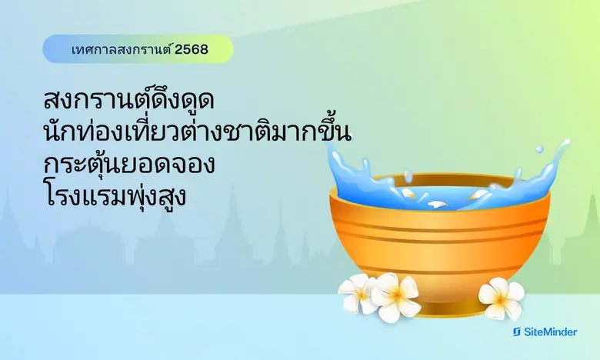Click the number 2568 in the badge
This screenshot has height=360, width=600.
192,50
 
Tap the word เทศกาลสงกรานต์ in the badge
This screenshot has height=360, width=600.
119,50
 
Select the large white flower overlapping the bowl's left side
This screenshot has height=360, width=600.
395,296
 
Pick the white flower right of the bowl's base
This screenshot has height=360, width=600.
501,298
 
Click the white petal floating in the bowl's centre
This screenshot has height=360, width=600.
435,204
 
